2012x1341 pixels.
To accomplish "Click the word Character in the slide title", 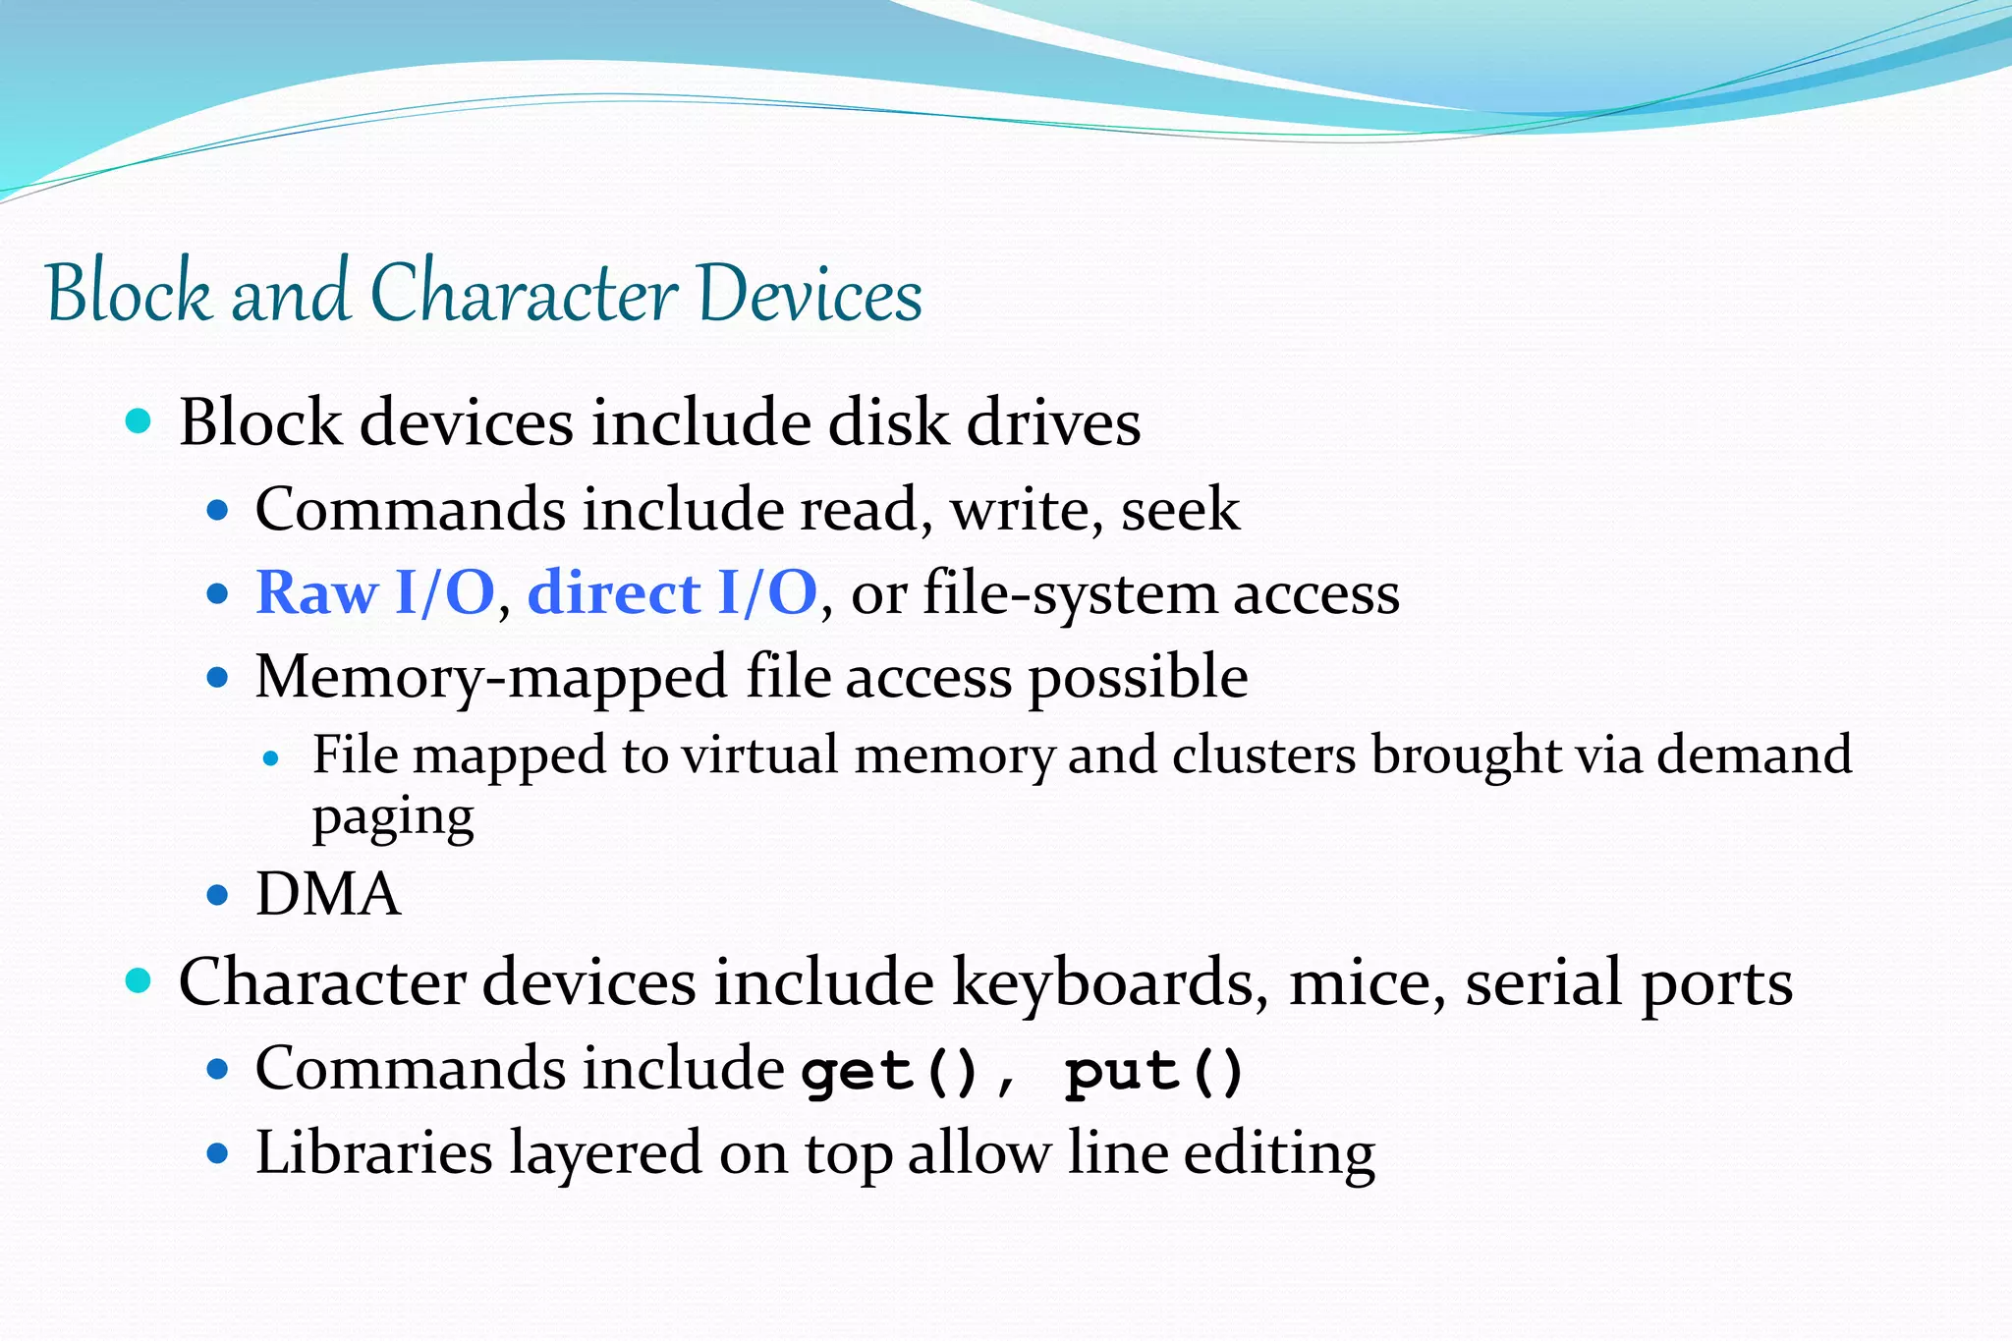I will tap(524, 293).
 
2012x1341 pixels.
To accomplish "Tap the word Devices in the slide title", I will tap(811, 293).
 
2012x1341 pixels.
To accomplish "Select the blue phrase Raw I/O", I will tap(374, 593).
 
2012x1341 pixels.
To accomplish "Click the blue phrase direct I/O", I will tap(672, 593).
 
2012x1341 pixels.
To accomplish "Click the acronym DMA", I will tap(327, 895).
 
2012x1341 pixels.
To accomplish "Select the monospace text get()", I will tap(890, 1071).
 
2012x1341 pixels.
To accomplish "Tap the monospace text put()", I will tap(1154, 1071).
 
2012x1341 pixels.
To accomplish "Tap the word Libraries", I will tap(373, 1153).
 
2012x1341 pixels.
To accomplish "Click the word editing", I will tap(1278, 1155).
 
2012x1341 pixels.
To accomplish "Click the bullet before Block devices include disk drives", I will tap(139, 421).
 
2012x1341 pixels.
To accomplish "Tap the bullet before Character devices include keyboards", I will tap(139, 980).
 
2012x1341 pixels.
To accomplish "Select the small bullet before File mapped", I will tap(272, 758).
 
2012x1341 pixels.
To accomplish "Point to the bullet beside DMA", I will tap(218, 895).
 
